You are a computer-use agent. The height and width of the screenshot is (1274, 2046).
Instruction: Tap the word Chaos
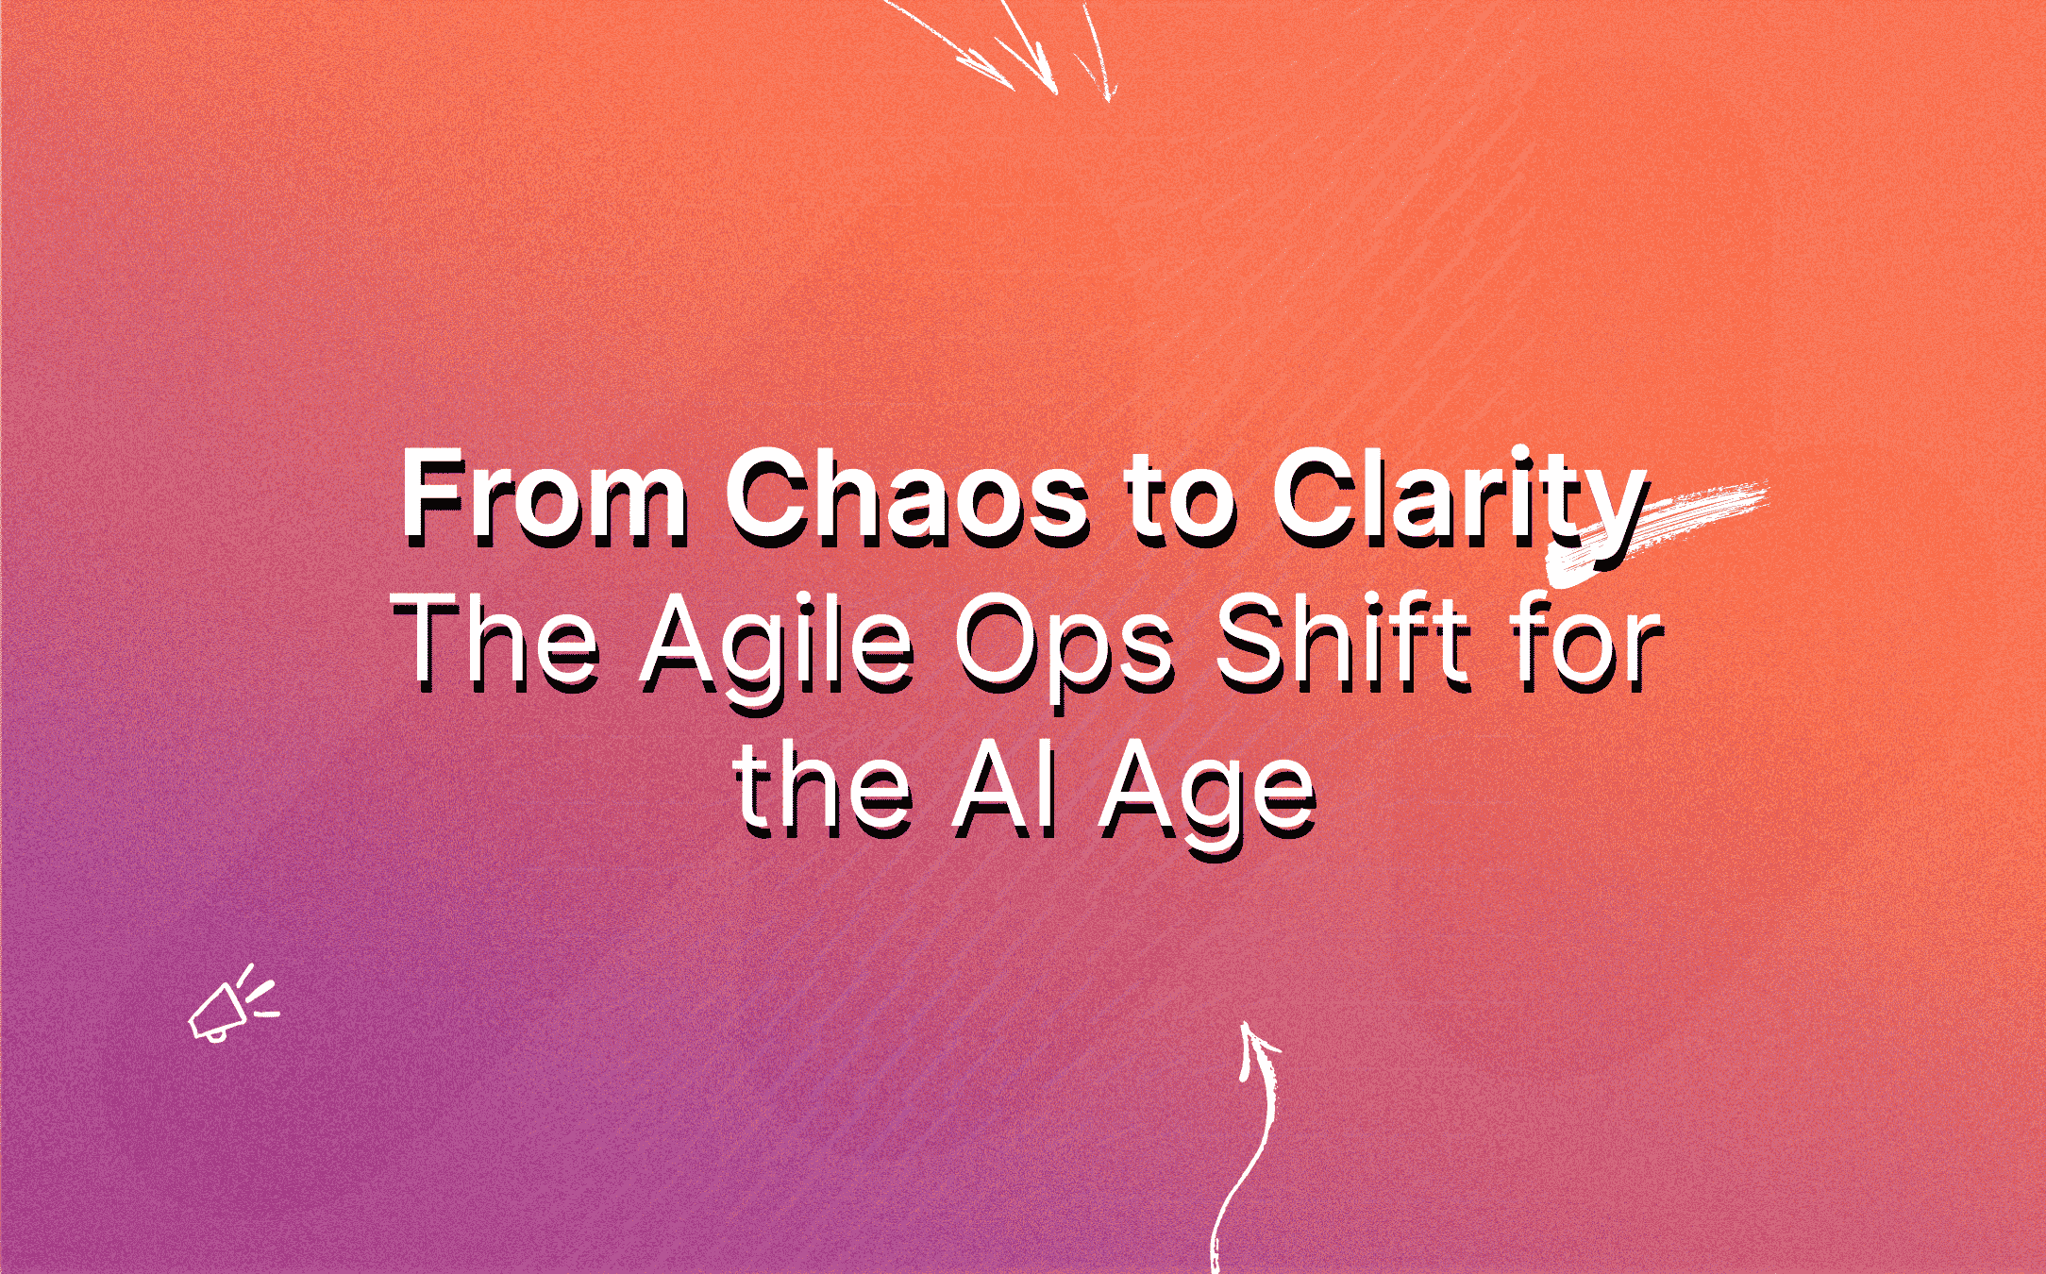click(x=907, y=495)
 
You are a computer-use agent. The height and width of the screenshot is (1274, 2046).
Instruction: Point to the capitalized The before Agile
click(x=496, y=642)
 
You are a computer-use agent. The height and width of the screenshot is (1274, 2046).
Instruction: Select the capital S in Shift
click(x=1247, y=642)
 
